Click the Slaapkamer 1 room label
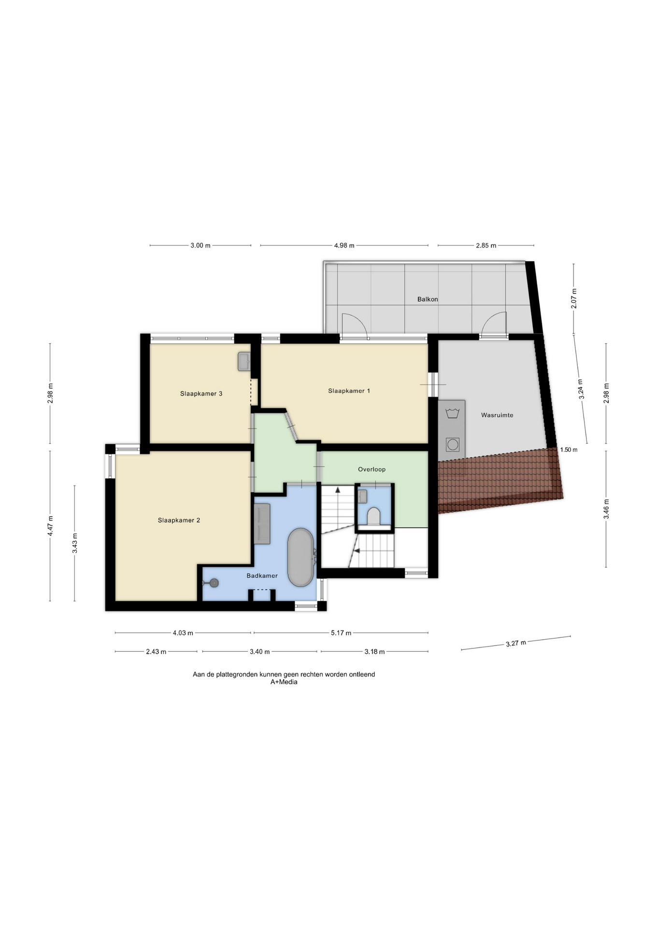click(349, 391)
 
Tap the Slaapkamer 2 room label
click(179, 520)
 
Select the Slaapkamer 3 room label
click(201, 393)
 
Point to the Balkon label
click(428, 299)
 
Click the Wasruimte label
click(497, 415)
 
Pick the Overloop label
click(371, 469)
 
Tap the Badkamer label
click(262, 576)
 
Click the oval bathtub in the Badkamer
click(301, 557)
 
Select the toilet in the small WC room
click(374, 516)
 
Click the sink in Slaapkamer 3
click(244, 361)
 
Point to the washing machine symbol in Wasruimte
click(453, 444)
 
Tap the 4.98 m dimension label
click(344, 245)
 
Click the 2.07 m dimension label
click(574, 298)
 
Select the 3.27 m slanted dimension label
click(516, 643)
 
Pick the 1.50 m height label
click(569, 449)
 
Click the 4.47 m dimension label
click(50, 526)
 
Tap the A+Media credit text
click(284, 682)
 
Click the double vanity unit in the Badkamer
click(262, 524)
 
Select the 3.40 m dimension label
click(259, 651)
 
